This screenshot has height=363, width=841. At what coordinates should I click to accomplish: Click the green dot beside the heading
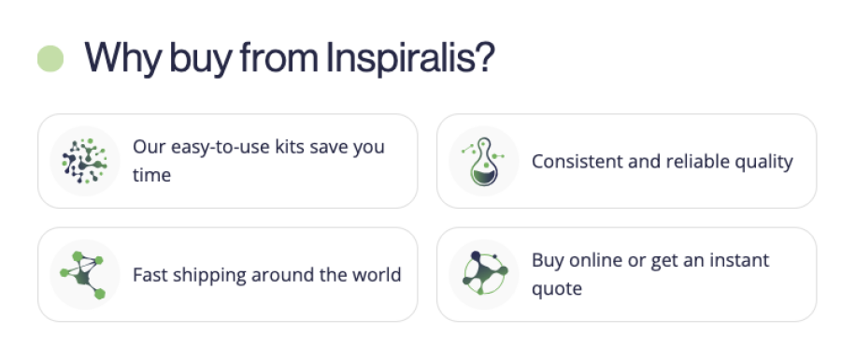click(50, 59)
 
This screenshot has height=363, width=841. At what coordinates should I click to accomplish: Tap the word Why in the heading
click(122, 59)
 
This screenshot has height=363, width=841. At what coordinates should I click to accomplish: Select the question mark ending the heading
click(485, 56)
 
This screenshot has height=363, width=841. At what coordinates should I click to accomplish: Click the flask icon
click(484, 161)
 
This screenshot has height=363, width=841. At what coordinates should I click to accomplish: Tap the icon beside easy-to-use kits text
click(85, 161)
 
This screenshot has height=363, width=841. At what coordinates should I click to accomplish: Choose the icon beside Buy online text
click(484, 273)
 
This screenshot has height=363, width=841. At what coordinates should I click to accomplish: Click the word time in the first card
click(151, 175)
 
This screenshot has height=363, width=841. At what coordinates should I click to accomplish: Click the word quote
click(557, 289)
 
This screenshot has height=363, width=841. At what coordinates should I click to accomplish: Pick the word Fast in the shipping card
click(150, 274)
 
